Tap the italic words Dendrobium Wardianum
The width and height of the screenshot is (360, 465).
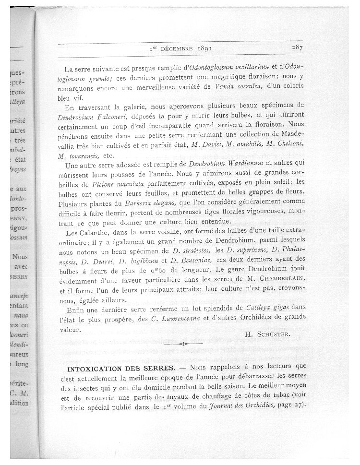(219, 165)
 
